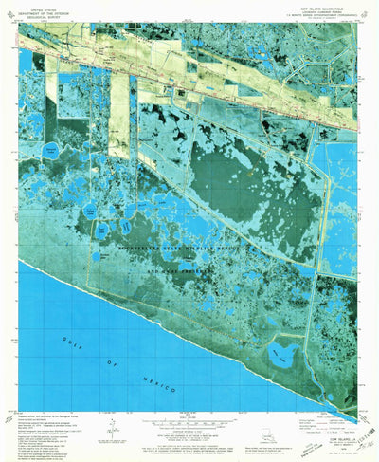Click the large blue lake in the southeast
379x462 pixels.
[280, 356]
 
